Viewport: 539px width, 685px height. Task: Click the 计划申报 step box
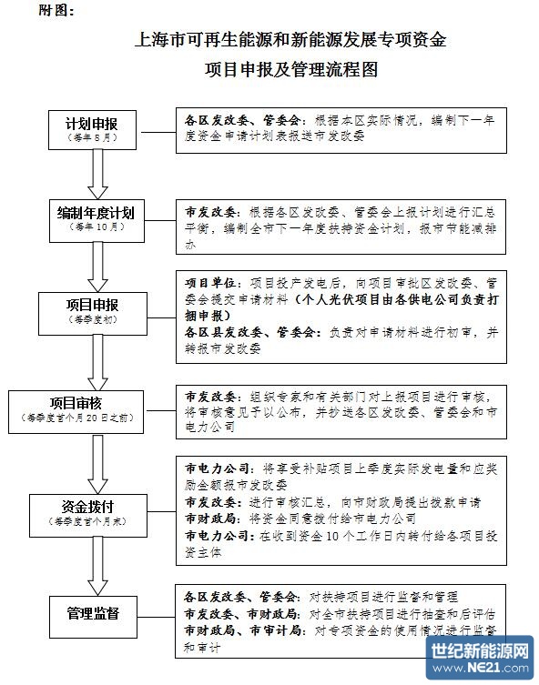[94, 128]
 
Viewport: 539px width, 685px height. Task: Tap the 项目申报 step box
[94, 310]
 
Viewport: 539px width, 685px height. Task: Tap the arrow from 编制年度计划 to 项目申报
[94, 264]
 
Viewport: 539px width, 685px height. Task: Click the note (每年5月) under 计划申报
[94, 137]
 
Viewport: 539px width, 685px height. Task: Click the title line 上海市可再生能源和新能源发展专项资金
[290, 40]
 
